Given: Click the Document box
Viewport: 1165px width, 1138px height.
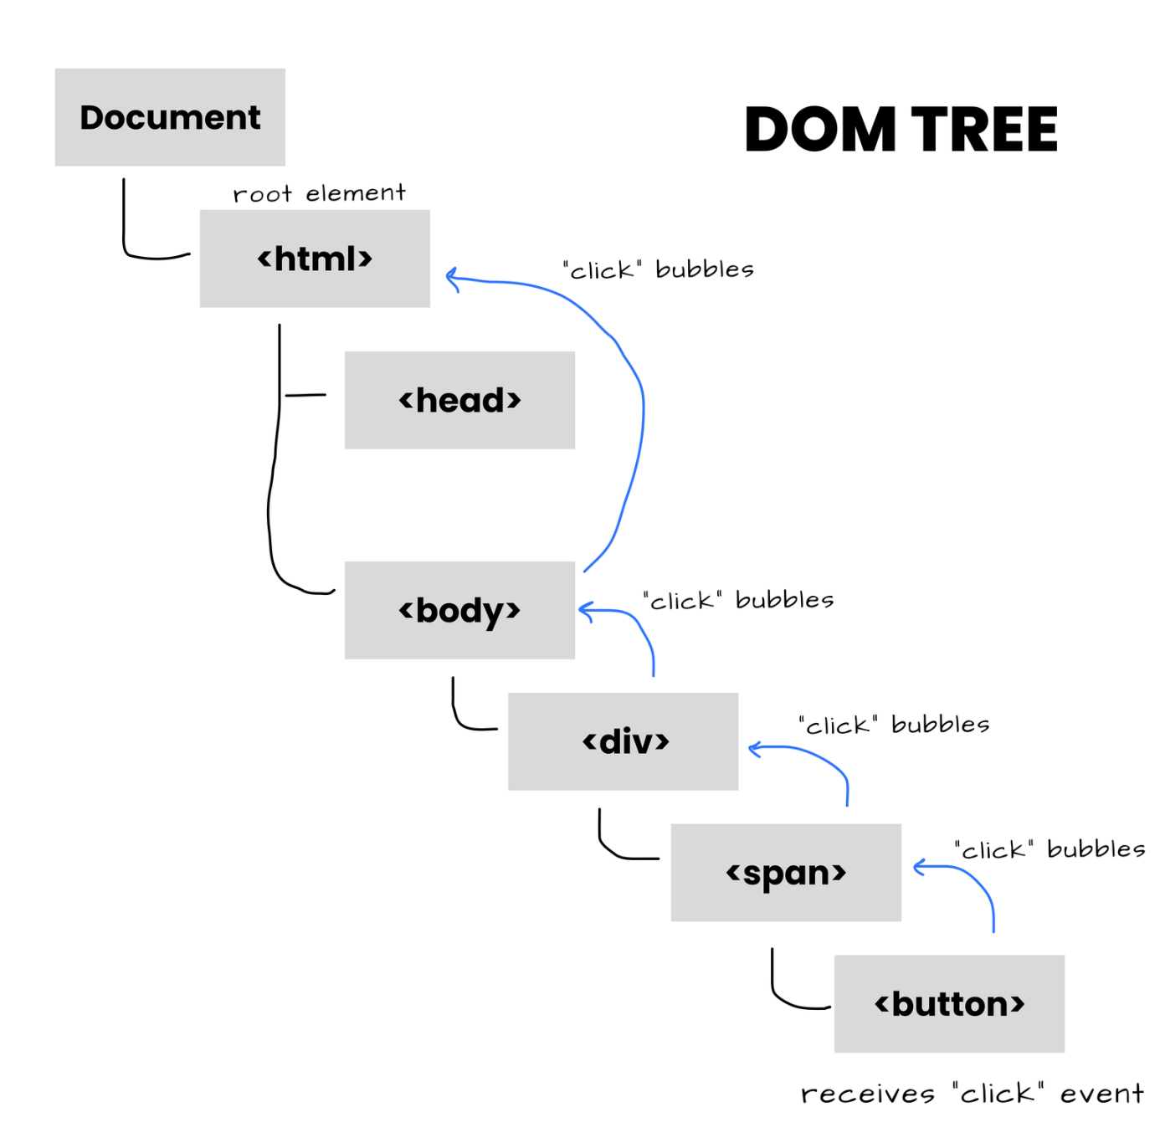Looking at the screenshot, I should [170, 117].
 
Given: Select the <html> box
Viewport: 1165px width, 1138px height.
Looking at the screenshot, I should [315, 259].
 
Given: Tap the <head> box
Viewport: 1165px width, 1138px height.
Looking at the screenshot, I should [459, 400].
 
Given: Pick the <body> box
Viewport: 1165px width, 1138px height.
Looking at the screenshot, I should [459, 610].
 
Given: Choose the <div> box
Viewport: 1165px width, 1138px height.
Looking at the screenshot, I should [623, 741].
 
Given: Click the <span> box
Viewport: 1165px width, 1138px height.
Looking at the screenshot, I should [786, 873].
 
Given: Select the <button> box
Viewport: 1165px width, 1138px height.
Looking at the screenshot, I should [949, 1003].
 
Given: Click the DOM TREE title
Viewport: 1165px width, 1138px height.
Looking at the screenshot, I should [901, 130].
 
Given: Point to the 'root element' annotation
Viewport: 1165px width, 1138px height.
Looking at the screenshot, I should [319, 193].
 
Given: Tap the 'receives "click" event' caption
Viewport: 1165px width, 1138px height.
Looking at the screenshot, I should [972, 1093].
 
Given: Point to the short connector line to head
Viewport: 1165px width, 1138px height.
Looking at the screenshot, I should [305, 395].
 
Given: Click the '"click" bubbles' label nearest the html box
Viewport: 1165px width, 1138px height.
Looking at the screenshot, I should [659, 269].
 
